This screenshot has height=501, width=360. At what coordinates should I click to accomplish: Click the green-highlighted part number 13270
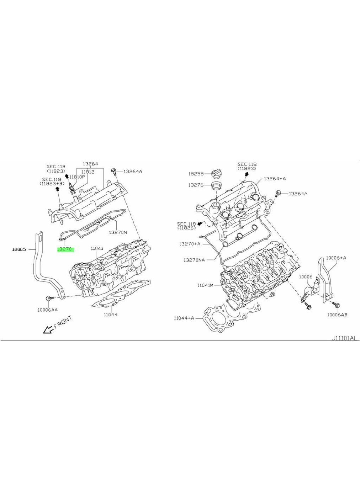point(65,249)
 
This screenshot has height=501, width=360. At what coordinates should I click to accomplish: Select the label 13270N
point(118,232)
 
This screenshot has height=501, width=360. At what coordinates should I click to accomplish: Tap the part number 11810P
point(77,176)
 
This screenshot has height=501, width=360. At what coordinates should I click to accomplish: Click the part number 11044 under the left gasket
point(111,314)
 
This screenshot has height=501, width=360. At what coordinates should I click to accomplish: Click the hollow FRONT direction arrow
point(47,330)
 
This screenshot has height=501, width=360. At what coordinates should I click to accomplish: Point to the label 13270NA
point(194,260)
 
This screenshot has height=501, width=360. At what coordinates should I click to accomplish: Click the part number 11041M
point(205,285)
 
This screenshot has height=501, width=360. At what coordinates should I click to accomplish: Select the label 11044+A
point(184,318)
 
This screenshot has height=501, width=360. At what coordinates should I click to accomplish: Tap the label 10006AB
point(337,315)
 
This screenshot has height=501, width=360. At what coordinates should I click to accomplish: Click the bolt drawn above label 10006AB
point(337,305)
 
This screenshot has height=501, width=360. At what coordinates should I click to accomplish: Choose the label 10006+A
point(338,258)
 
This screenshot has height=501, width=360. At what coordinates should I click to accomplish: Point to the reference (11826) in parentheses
point(186,228)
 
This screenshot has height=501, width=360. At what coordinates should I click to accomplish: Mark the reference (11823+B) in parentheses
point(52,184)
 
